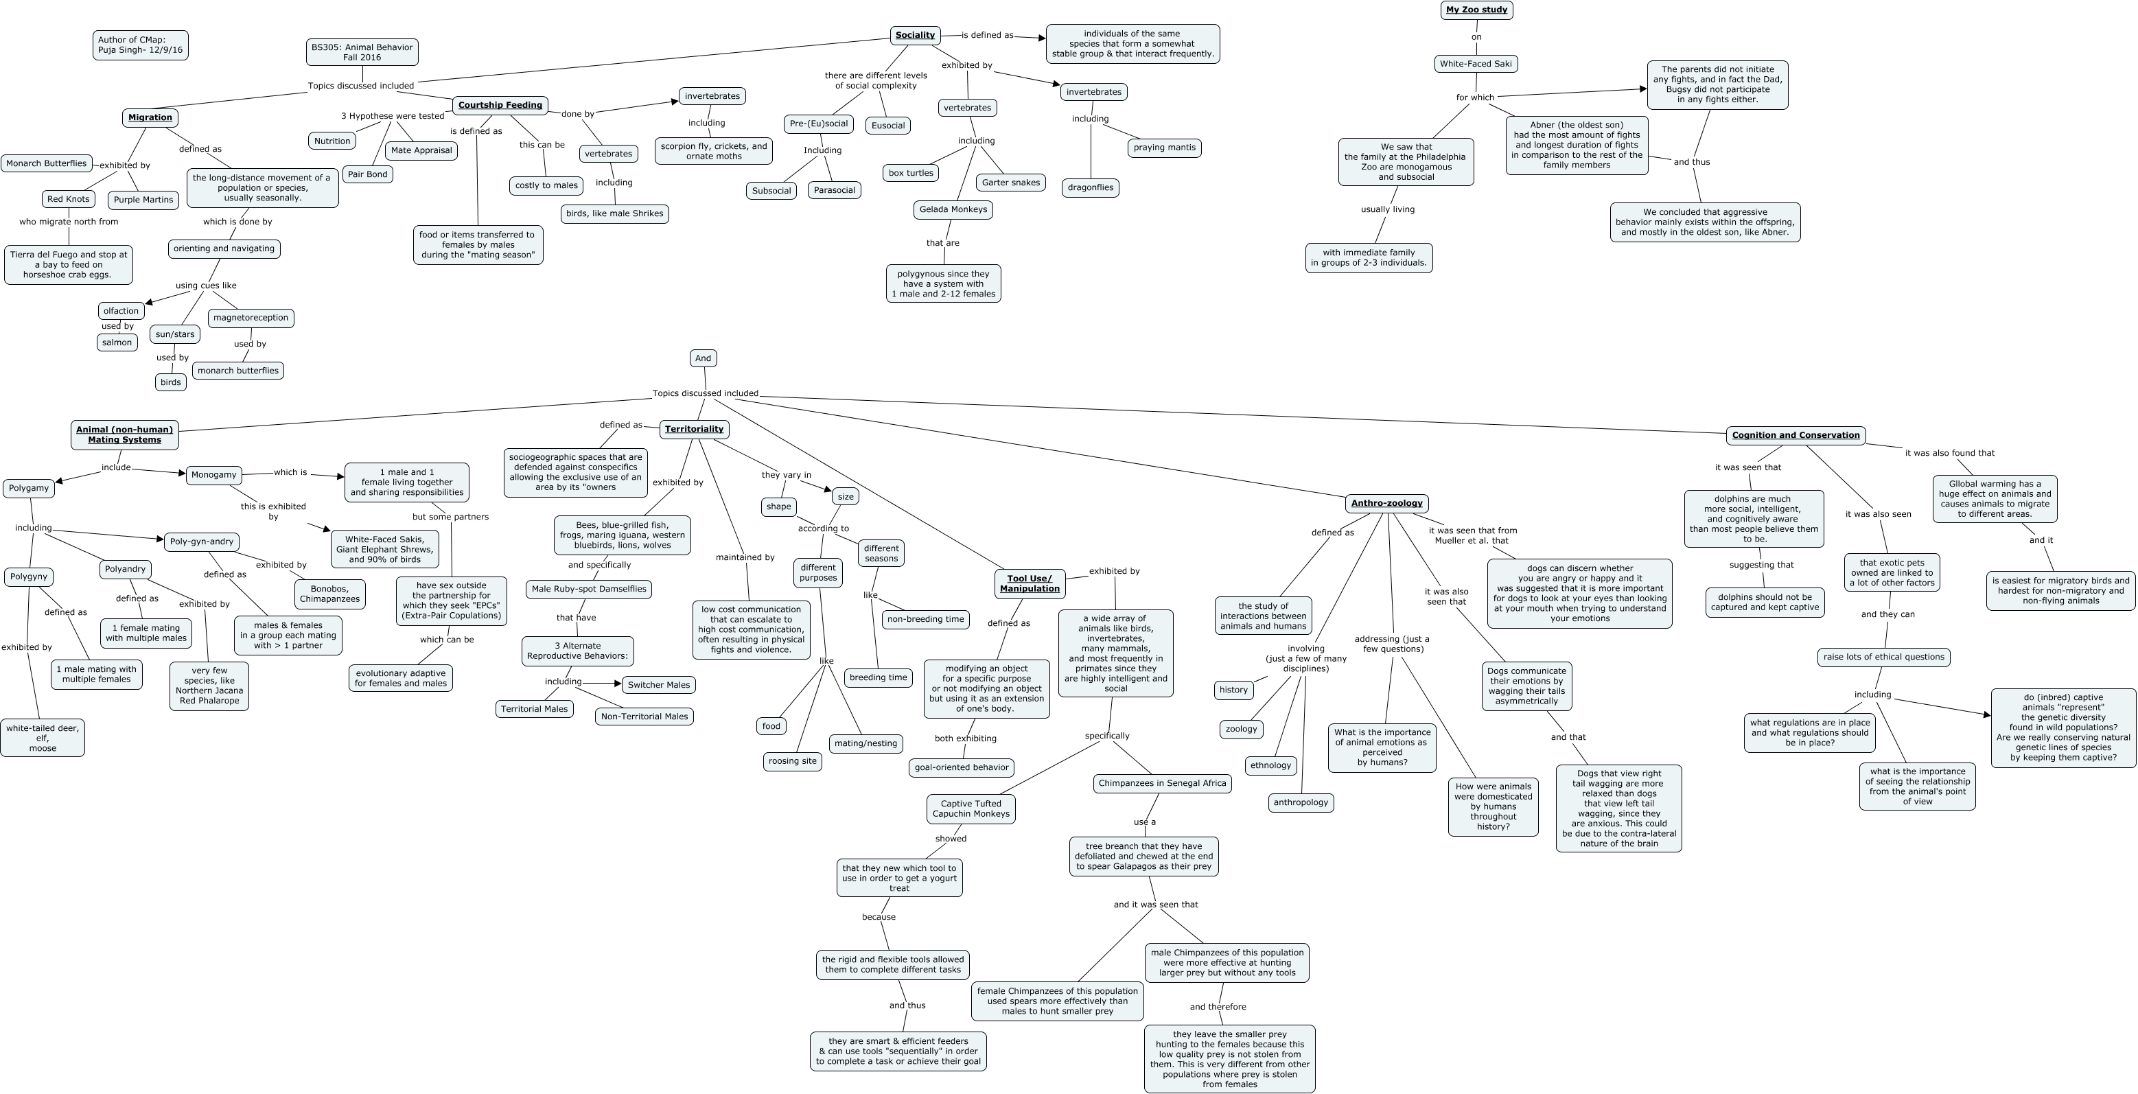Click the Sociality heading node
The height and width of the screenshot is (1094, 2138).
pos(915,35)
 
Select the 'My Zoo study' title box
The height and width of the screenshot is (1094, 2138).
pos(1476,10)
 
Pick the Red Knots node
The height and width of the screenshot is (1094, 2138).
pos(68,199)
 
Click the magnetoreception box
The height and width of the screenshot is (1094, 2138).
pos(251,318)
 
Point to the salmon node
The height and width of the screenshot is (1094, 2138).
pos(117,342)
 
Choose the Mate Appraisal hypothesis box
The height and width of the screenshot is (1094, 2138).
pos(421,150)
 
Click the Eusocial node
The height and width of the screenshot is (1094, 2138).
pos(887,126)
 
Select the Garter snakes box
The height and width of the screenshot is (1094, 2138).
pos(1010,183)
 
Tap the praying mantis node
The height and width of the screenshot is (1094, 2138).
pos(1165,148)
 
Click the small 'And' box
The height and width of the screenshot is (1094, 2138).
pos(703,358)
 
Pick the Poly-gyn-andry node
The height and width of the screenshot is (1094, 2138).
pos(202,542)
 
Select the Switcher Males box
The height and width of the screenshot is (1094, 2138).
pos(658,685)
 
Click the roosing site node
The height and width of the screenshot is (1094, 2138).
pos(792,761)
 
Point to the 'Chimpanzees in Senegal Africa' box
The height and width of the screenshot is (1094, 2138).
pos(1162,782)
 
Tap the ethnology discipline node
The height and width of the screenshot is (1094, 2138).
pos(1270,765)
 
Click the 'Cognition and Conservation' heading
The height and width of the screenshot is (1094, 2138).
pos(1796,435)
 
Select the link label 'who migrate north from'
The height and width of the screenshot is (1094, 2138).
pos(69,222)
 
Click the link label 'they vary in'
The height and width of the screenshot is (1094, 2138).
pos(786,475)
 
